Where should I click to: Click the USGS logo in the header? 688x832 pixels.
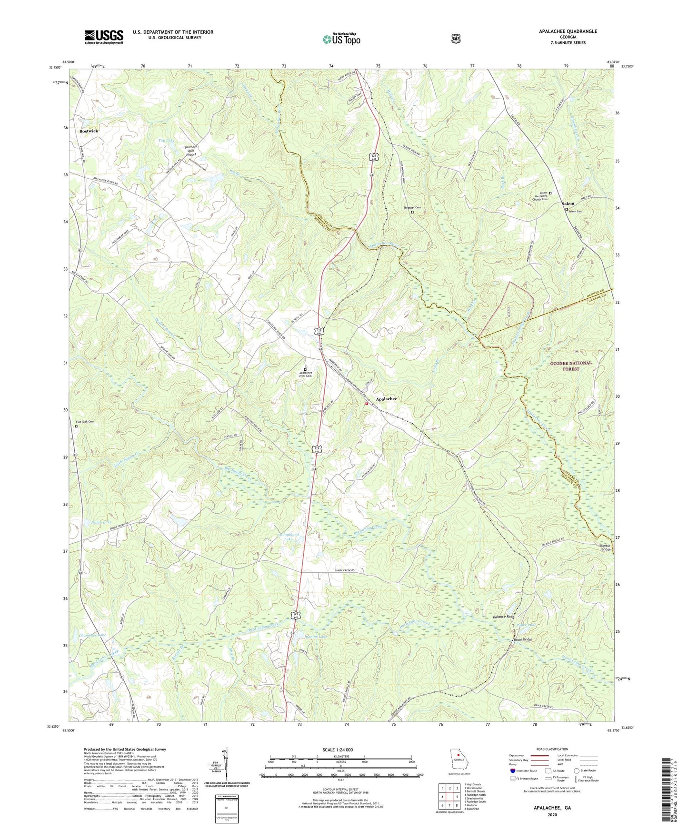coord(104,37)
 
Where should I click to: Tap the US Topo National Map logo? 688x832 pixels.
coord(341,39)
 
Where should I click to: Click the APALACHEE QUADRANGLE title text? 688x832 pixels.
coord(568,31)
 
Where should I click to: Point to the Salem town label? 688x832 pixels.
coord(568,203)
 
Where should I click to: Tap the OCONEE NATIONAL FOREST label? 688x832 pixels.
coord(571,365)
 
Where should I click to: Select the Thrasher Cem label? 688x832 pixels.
coord(412,208)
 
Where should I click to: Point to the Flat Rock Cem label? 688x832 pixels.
coord(85,422)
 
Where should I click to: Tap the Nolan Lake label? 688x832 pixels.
coord(101,522)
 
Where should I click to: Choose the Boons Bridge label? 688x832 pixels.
coord(522,639)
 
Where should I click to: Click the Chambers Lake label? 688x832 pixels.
coord(92,635)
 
